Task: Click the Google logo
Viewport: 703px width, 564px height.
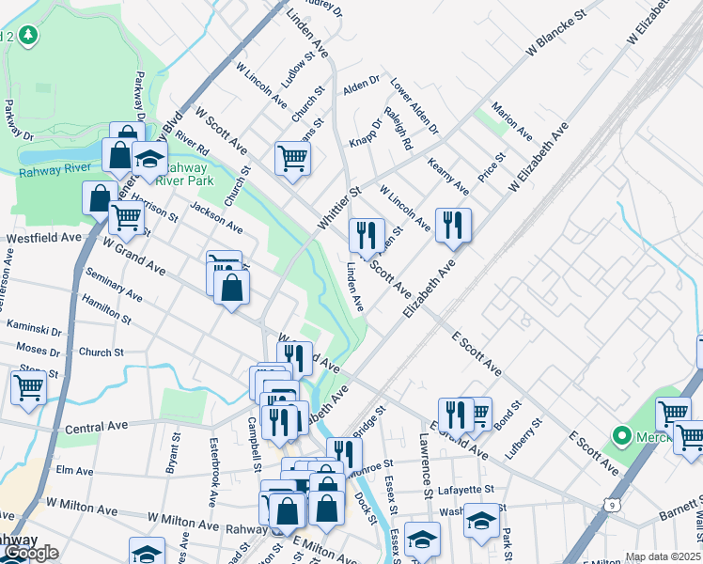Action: click(x=30, y=553)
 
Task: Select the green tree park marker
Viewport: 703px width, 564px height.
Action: click(x=29, y=36)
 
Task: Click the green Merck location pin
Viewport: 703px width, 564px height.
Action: click(x=620, y=436)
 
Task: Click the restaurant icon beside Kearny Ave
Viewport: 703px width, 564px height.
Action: click(x=454, y=225)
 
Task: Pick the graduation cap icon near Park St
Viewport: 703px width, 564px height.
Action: click(x=481, y=522)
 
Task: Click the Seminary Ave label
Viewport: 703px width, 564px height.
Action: click(x=114, y=283)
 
